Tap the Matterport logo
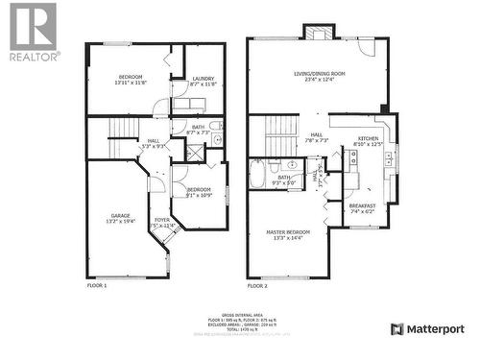click(x=427, y=329)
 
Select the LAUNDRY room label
click(x=203, y=79)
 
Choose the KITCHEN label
click(x=369, y=138)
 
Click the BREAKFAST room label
click(x=362, y=204)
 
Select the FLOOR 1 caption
click(x=97, y=285)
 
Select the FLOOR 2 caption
click(x=257, y=285)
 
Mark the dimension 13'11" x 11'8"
click(x=131, y=84)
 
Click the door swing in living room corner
click(x=367, y=47)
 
